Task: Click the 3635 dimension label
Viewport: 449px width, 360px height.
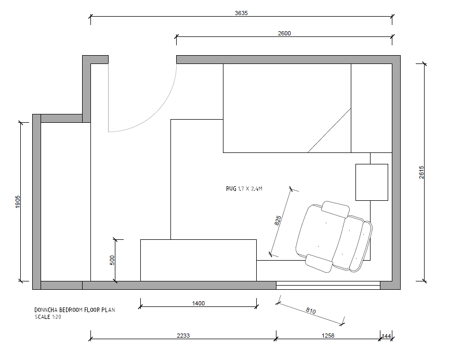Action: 241,13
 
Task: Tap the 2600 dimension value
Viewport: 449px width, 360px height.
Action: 284,33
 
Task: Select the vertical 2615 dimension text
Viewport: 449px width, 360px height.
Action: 421,172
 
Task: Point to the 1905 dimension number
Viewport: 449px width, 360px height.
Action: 18,202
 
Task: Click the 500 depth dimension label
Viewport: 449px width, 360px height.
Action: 112,260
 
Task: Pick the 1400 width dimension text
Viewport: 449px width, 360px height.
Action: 198,303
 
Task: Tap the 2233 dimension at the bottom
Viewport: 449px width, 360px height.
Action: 183,336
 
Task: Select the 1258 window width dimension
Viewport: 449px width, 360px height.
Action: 328,336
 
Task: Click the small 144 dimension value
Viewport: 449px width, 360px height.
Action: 386,336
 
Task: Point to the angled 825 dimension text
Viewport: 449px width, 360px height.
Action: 278,221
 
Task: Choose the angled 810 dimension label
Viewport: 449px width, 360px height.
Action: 311,311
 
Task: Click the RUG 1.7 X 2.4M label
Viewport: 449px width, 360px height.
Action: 244,189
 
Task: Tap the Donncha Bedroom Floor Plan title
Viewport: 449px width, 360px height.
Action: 75,310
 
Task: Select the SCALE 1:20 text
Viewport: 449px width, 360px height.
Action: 48,317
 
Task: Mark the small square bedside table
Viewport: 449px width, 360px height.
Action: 372,182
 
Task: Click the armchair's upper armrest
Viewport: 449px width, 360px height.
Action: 335,209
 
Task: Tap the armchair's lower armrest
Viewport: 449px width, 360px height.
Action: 319,263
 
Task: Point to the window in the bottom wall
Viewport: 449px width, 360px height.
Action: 328,286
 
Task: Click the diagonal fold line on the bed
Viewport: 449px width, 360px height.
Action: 329,130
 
